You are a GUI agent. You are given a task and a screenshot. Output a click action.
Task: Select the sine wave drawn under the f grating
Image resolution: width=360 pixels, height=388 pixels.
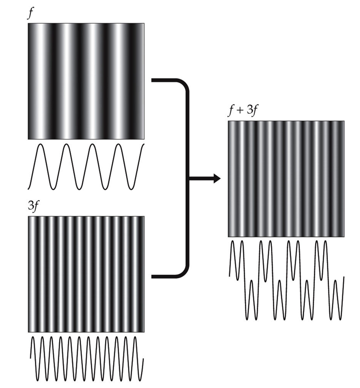click(x=86, y=167)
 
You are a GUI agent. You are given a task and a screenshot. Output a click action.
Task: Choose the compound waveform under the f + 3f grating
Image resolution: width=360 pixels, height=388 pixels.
click(x=286, y=279)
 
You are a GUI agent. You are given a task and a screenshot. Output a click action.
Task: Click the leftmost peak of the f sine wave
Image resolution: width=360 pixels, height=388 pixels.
click(x=40, y=145)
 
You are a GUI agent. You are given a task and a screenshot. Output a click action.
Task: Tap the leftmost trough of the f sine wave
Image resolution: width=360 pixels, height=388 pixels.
click(x=54, y=188)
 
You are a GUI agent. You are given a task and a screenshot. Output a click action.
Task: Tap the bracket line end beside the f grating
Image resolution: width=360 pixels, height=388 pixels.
click(x=154, y=80)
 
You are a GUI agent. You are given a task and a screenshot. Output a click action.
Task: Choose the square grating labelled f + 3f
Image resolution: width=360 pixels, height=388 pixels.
click(x=286, y=179)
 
